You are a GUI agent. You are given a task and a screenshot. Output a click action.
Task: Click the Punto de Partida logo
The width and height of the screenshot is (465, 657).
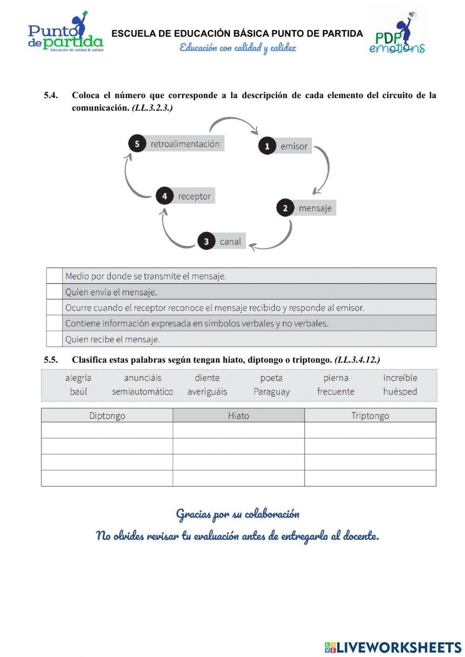click(x=65, y=33)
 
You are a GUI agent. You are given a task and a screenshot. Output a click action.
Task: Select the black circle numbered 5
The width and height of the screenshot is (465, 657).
click(x=137, y=144)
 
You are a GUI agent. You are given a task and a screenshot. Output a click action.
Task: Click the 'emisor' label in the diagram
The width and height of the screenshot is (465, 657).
click(x=294, y=146)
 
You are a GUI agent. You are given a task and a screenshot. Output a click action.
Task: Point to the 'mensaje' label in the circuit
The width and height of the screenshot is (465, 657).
click(x=315, y=208)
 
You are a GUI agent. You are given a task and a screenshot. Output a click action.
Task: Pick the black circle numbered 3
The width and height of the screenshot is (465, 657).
click(x=206, y=241)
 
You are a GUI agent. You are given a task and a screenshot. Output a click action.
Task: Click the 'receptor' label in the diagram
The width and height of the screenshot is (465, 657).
click(x=194, y=196)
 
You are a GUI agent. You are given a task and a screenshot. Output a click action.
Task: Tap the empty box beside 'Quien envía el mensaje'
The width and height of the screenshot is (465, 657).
click(x=54, y=292)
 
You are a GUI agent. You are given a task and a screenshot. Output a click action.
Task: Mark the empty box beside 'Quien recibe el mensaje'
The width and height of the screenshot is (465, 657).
click(x=54, y=339)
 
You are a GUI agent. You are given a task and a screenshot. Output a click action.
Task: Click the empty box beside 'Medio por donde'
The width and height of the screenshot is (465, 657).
click(x=54, y=276)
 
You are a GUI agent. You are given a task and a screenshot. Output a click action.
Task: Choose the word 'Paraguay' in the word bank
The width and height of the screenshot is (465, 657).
click(x=272, y=392)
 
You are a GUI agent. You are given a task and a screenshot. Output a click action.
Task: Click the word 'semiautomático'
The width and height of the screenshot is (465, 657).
click(x=142, y=392)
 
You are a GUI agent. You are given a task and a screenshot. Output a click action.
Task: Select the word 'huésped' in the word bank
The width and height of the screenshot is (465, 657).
click(x=400, y=392)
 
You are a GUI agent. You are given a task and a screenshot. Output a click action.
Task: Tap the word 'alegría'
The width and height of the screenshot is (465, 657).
click(x=78, y=378)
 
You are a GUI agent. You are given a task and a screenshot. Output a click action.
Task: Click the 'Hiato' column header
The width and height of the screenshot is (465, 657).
click(x=239, y=416)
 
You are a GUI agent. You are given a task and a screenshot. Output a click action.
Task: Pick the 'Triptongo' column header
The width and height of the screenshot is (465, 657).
click(x=370, y=416)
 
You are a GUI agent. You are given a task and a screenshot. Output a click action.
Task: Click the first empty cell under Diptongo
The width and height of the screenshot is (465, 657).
click(x=107, y=430)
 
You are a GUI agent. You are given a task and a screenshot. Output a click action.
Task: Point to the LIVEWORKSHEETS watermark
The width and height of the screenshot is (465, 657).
click(x=393, y=647)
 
